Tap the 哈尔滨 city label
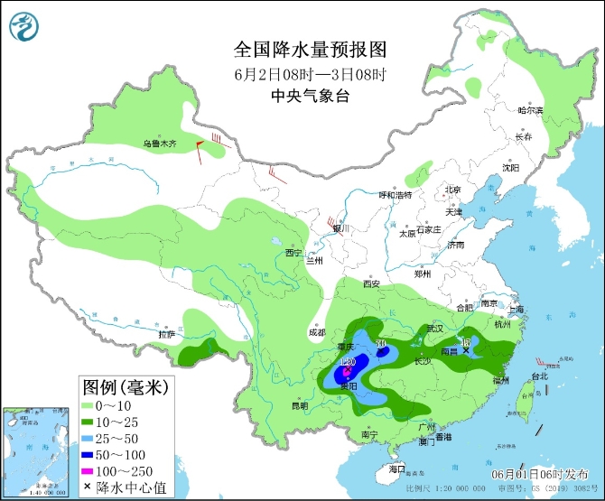530,110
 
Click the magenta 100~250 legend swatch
93,471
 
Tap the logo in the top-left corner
24,28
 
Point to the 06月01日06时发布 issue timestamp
543,474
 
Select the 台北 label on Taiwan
538,376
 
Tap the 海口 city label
396,470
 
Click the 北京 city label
451,190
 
